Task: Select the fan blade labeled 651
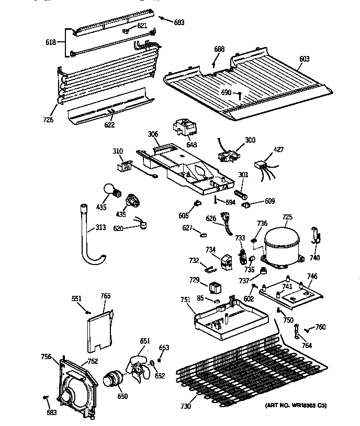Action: tap(139, 366)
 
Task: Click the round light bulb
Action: tap(109, 191)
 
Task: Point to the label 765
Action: tap(105, 296)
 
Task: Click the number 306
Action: tap(153, 134)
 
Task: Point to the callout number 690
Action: tap(226, 92)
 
